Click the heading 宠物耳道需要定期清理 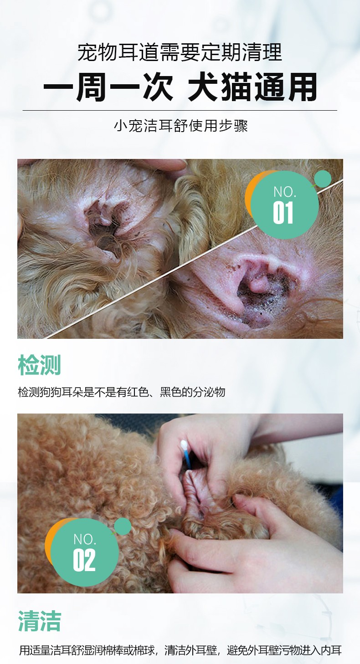tap(180, 52)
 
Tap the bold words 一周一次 tap(108, 87)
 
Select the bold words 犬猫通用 tap(252, 87)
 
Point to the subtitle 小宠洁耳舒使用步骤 tap(180, 126)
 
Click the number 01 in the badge tap(283, 212)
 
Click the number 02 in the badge tap(84, 560)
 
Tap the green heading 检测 tap(40, 365)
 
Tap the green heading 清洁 tap(40, 621)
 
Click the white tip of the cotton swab tap(184, 444)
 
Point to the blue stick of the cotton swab tap(188, 458)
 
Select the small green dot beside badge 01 tap(322, 179)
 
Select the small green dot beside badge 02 tap(123, 526)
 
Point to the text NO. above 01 tap(285, 192)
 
